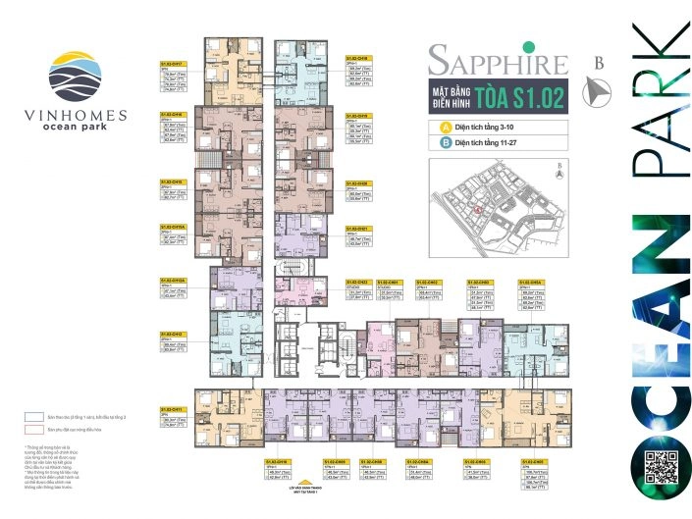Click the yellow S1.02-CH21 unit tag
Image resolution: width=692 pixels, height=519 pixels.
(x=357, y=228)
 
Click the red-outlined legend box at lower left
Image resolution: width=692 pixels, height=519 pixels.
(x=37, y=431)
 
